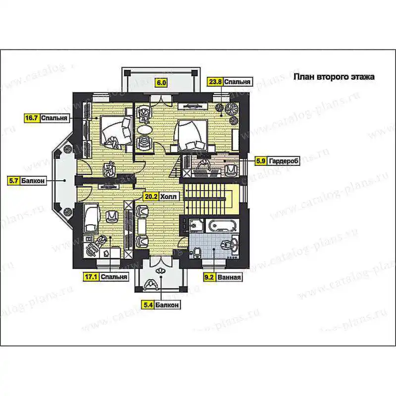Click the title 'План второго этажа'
334,77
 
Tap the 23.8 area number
215,82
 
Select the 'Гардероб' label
283,160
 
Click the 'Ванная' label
229,277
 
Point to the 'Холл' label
168,197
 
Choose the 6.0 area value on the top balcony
161,83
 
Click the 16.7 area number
32,118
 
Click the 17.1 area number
91,277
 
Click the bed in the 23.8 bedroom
193,136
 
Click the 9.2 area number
209,277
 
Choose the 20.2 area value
150,197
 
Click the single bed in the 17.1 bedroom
91,218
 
